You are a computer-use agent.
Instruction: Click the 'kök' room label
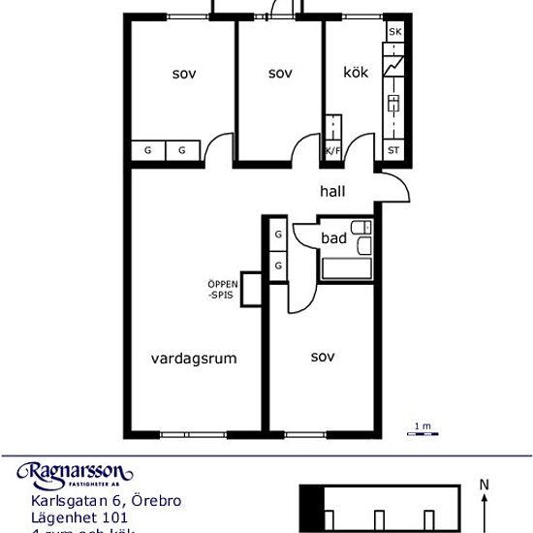356,73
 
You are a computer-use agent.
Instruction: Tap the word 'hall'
332,192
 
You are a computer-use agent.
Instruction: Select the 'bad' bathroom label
334,236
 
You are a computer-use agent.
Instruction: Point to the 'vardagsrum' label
194,358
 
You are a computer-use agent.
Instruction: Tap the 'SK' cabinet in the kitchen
394,33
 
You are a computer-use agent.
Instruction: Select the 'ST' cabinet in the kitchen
393,150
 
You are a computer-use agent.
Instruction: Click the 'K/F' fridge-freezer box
332,150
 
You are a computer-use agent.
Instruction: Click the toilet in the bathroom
362,229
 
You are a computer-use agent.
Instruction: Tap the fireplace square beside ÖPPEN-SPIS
252,289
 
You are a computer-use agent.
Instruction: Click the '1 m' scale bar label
422,426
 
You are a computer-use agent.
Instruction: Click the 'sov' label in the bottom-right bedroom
323,357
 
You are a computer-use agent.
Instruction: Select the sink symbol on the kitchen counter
394,103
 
